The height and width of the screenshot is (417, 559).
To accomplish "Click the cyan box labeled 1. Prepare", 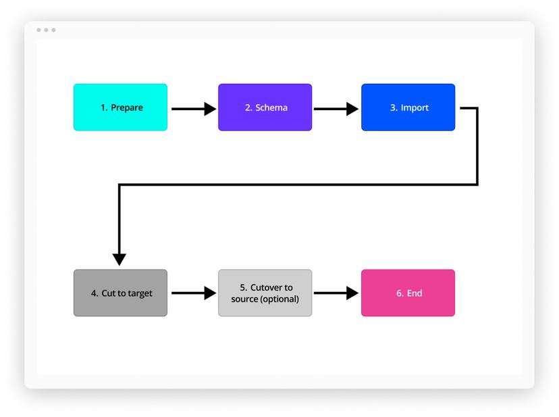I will (120, 107).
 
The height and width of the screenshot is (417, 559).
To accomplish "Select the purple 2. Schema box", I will (265, 107).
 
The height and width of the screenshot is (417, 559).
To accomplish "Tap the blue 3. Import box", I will (408, 107).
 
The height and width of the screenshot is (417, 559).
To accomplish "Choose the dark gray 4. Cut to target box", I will (120, 293).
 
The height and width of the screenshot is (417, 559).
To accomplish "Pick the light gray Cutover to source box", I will (265, 293).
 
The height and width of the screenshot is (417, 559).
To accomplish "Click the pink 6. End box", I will (408, 293).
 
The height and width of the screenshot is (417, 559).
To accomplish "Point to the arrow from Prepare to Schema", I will (192, 108).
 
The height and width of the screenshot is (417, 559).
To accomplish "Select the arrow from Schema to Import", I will (336, 108).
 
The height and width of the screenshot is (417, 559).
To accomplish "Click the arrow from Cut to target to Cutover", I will (192, 293).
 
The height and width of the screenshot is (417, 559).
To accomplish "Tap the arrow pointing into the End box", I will (336, 293).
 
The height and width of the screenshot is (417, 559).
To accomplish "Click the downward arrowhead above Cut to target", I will (119, 259).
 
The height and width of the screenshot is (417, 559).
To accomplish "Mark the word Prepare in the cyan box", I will (127, 107).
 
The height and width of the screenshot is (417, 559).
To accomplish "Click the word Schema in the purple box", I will (271, 107).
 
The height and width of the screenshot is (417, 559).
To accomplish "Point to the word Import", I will (415, 107).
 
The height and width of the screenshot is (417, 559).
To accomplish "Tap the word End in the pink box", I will (415, 293).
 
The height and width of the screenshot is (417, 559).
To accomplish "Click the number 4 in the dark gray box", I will (94, 293).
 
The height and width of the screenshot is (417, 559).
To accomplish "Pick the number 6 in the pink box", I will (399, 293).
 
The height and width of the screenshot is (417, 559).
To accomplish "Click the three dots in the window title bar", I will (46, 30).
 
